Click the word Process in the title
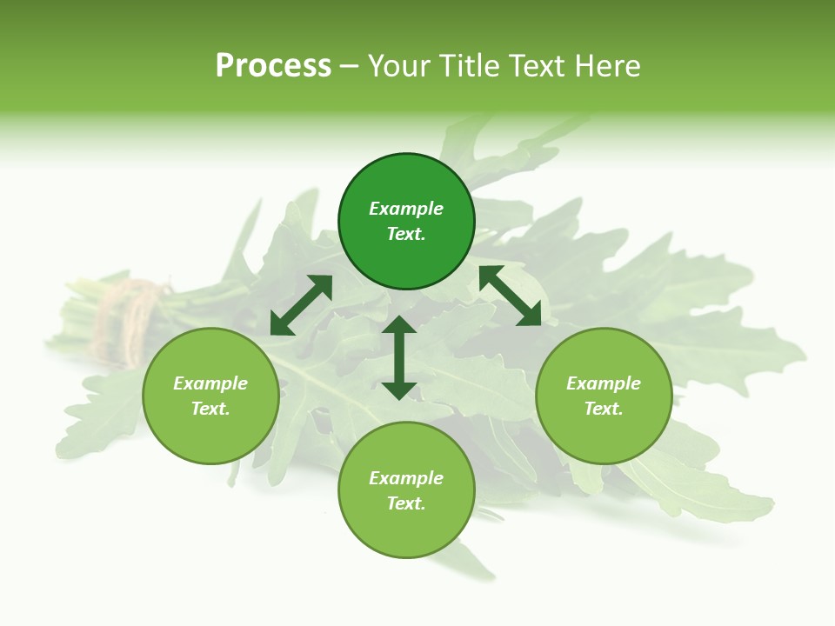pos(273,66)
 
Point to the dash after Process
pos(349,67)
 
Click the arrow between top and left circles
pos(301,305)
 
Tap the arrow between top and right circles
pos(510,296)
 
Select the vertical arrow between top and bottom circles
pos(399,357)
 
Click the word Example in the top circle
pos(406,209)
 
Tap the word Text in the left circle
pos(210,409)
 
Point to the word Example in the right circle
pos(604,383)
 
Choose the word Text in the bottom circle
pos(406,503)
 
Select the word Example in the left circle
pos(210,383)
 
